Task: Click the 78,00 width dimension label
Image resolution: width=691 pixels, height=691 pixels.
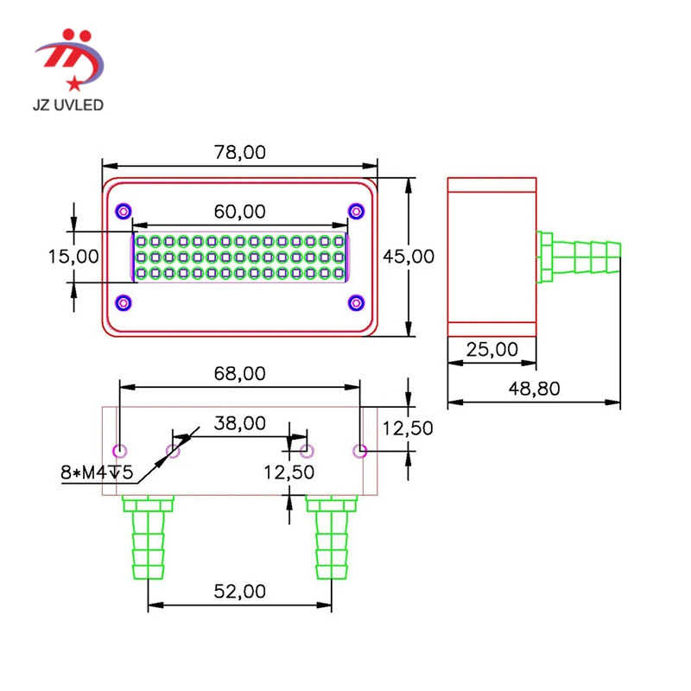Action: point(240,153)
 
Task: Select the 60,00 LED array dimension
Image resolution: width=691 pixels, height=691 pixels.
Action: point(240,212)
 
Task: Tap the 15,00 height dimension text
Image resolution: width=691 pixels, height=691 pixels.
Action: point(73,257)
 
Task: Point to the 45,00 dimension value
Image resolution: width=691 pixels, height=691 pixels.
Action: point(408,257)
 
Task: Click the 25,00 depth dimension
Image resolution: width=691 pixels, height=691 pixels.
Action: point(491,350)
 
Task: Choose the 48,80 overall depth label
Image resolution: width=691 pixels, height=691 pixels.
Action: point(534,389)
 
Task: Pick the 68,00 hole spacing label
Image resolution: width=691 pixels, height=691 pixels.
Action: point(240,374)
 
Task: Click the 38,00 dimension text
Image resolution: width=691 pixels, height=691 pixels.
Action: point(240,423)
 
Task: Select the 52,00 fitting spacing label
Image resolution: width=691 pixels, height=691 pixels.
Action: point(240,592)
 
